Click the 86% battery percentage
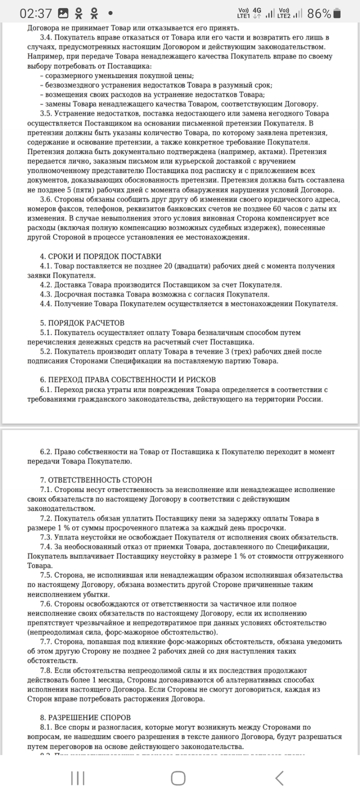click(319, 14)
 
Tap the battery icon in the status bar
click(337, 13)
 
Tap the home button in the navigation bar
click(178, 778)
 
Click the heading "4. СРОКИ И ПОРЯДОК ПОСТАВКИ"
click(100, 256)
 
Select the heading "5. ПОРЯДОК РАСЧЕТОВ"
click(82, 323)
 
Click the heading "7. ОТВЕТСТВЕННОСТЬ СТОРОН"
click(96, 480)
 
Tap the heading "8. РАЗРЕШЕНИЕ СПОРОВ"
click(85, 717)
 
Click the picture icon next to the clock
click(63, 13)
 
